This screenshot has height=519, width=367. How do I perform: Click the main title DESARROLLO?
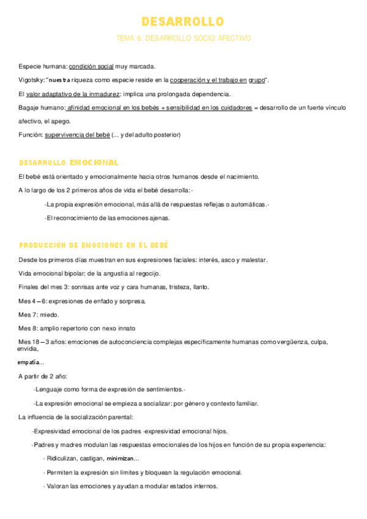click(x=183, y=22)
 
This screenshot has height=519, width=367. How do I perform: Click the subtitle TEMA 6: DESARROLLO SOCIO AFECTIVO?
click(x=183, y=38)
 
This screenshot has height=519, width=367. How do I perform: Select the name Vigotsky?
click(x=30, y=80)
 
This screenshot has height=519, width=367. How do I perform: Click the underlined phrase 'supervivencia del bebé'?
click(x=77, y=135)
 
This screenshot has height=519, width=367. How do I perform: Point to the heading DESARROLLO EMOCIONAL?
click(x=69, y=163)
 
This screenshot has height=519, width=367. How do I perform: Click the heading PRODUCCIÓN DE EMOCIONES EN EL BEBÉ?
click(x=94, y=245)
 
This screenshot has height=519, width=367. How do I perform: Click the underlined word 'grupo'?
click(x=256, y=80)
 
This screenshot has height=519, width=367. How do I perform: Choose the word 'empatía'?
click(x=31, y=362)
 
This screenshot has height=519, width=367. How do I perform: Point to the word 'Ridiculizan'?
click(x=62, y=458)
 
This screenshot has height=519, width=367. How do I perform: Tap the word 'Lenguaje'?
click(x=50, y=389)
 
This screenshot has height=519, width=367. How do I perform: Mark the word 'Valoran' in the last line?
click(x=59, y=487)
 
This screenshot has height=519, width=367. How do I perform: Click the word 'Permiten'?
click(x=60, y=472)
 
